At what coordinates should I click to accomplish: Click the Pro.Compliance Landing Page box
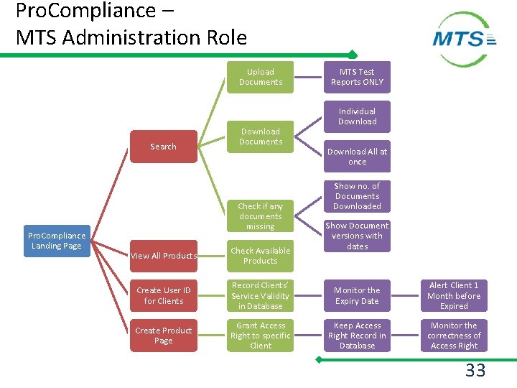point(56,241)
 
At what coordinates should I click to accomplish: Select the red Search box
point(163,147)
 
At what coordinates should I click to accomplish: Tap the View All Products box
point(164,256)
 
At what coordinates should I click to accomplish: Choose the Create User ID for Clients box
point(164,295)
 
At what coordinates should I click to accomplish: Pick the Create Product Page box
point(164,336)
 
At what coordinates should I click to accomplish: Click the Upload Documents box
point(261,77)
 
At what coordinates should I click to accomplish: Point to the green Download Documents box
point(261,137)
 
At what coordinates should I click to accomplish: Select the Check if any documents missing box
point(261,216)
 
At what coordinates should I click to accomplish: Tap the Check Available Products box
point(261,256)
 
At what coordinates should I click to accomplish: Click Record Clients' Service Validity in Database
point(261,295)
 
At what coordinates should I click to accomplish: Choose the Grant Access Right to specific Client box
point(261,336)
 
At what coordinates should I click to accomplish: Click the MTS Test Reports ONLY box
point(357,77)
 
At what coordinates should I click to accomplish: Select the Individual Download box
point(357,116)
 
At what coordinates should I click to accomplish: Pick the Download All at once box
point(357,157)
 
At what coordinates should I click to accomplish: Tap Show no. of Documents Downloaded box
point(357,196)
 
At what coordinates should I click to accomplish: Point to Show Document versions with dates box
point(357,236)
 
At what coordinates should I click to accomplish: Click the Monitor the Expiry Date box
point(357,295)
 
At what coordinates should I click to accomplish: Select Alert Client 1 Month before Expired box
point(454,295)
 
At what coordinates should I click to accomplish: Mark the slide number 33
point(475,371)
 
